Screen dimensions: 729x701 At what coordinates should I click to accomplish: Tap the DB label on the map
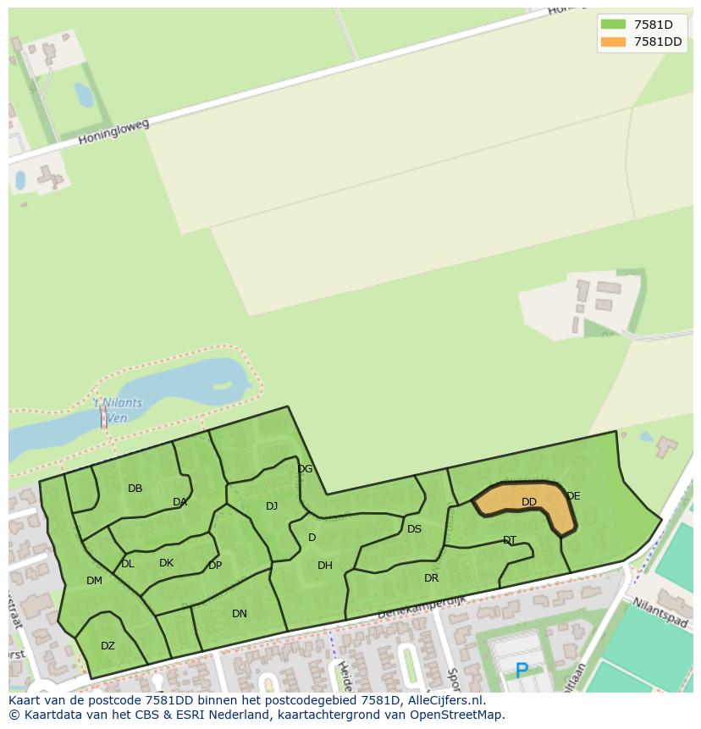135,489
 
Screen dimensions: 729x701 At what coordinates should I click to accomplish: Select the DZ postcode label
108,646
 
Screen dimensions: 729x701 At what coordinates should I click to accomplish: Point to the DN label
240,614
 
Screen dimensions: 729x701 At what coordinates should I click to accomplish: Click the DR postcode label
432,578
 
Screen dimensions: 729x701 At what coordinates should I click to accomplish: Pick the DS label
414,529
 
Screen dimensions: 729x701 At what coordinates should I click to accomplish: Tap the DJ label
272,506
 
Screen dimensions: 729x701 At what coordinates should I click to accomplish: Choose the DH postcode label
325,566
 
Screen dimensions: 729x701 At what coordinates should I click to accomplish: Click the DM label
94,581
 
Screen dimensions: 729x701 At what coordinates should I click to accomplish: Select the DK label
166,563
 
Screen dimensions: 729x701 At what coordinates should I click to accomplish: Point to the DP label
215,566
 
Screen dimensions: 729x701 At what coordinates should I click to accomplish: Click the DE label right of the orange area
573,496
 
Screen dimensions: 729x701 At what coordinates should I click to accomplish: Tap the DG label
305,469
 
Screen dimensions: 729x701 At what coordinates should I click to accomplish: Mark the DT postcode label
510,540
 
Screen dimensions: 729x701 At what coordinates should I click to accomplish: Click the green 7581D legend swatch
612,25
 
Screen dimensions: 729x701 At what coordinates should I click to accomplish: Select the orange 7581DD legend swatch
612,41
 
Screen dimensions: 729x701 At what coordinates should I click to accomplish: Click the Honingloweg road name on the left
113,131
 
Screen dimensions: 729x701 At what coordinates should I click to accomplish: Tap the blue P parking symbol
522,671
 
